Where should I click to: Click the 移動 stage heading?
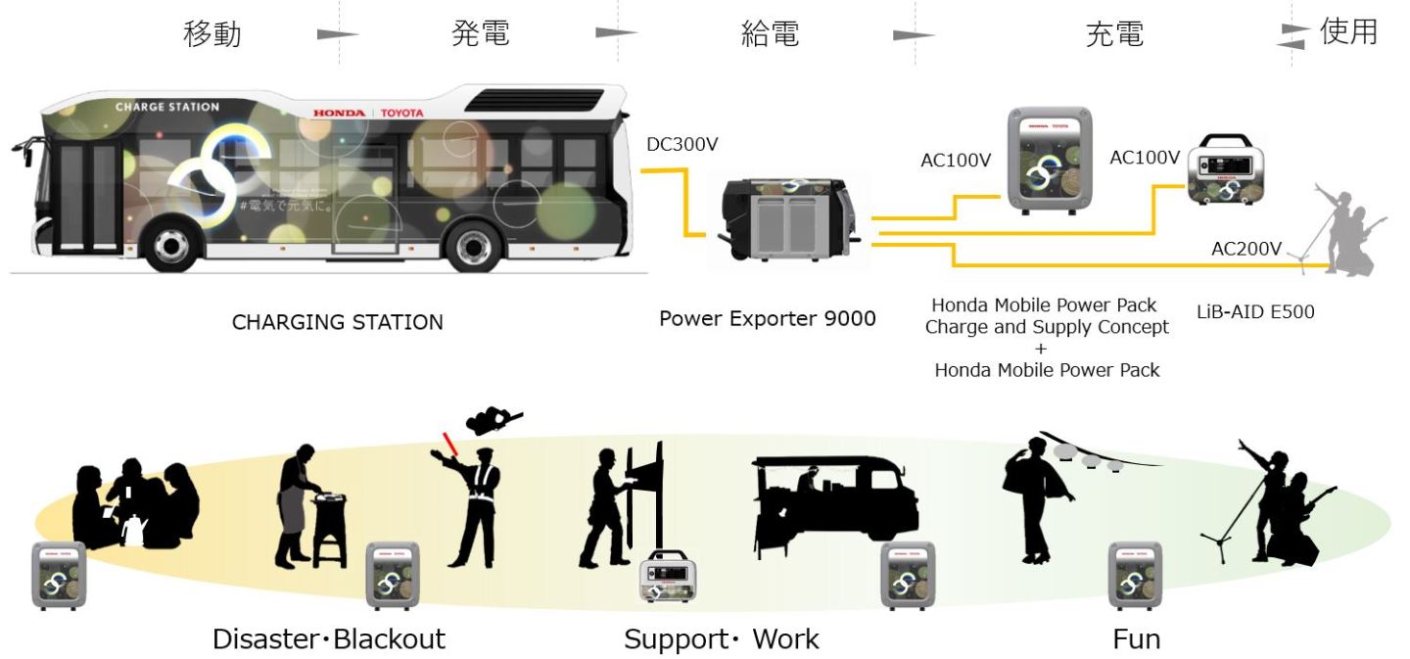click(212, 33)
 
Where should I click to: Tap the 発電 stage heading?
click(481, 33)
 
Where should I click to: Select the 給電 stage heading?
click(771, 33)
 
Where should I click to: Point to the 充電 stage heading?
click(1114, 34)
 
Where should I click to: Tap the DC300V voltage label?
click(682, 145)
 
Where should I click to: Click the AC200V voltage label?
click(1245, 249)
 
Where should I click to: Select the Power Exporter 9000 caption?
click(767, 319)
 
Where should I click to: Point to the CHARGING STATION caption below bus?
click(337, 322)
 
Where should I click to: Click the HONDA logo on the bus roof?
click(338, 113)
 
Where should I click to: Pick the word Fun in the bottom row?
click(1136, 639)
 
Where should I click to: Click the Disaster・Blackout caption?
click(329, 639)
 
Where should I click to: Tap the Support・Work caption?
click(722, 640)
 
